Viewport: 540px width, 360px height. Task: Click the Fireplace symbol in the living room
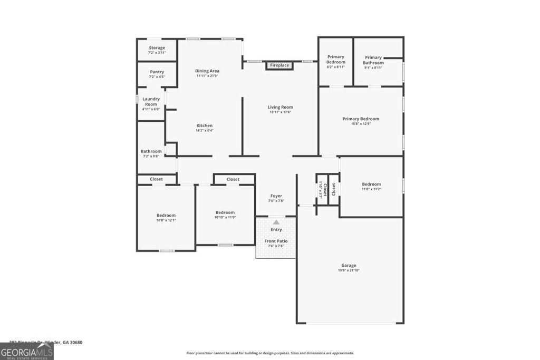(x=279, y=65)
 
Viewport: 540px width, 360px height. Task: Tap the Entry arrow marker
(x=276, y=222)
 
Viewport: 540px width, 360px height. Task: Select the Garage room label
(x=349, y=265)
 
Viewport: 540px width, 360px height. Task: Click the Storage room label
(x=157, y=48)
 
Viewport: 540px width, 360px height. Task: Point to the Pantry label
(x=157, y=72)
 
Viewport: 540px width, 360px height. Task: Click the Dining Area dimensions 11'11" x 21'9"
(x=207, y=76)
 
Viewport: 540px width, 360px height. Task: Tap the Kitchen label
(x=205, y=125)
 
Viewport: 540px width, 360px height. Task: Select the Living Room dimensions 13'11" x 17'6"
(x=280, y=112)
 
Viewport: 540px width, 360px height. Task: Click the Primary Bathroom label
(x=373, y=60)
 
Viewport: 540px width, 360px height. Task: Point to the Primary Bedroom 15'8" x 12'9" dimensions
(x=361, y=124)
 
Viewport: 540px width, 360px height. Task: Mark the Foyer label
(x=276, y=196)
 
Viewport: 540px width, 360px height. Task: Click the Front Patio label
(x=276, y=241)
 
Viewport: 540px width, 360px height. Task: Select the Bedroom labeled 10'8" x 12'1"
(x=166, y=215)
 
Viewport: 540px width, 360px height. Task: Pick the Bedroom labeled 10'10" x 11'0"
(x=225, y=212)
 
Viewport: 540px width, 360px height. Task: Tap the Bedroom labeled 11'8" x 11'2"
(x=371, y=184)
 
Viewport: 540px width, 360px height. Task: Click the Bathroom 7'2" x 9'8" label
(x=151, y=151)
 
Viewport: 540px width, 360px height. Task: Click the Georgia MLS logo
(x=27, y=352)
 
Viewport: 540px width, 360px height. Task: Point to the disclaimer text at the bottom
(x=270, y=353)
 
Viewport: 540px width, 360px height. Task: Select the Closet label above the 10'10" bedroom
(x=233, y=179)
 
